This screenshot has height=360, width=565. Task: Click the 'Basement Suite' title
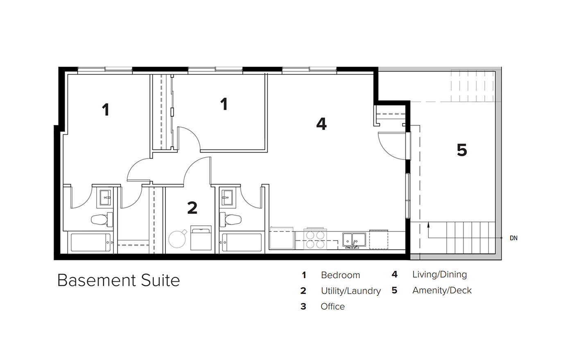click(119, 280)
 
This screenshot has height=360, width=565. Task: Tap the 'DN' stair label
click(513, 238)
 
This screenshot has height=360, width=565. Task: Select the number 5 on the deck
click(462, 150)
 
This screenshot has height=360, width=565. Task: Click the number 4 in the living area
click(321, 124)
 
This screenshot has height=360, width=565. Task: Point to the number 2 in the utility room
click(192, 208)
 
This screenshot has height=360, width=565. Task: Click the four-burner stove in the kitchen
click(315, 239)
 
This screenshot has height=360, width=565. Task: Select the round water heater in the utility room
click(177, 239)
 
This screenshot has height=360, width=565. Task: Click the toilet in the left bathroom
click(102, 219)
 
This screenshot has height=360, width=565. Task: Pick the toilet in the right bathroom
click(231, 219)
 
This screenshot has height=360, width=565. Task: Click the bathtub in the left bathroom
click(91, 243)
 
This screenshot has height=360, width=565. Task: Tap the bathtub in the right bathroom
click(242, 243)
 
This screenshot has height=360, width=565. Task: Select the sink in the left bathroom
click(106, 198)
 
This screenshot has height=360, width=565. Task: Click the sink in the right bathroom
click(227, 198)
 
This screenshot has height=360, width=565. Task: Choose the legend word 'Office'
click(332, 306)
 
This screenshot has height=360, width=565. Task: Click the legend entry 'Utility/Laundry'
click(351, 291)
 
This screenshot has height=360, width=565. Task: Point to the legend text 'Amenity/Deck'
click(442, 290)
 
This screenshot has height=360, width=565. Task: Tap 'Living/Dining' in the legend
click(440, 274)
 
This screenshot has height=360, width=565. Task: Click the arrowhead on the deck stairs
click(428, 224)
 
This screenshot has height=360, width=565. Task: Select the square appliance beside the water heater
click(201, 238)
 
